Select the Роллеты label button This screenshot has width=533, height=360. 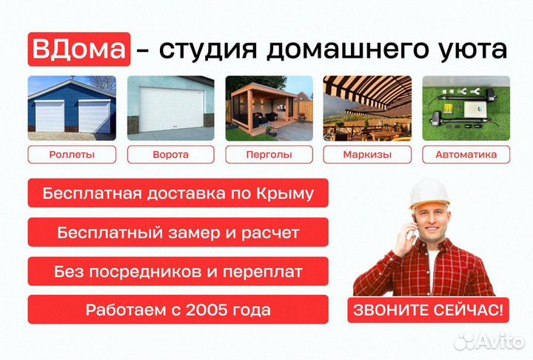tap(72, 155)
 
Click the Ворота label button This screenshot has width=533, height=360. tap(170, 155)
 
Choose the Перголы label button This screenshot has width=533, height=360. tap(269, 155)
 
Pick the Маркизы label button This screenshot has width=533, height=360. tap(367, 155)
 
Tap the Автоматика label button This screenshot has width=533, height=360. tap(466, 155)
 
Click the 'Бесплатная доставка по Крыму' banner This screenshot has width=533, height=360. tap(178, 193)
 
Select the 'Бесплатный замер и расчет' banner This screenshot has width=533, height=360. tap(178, 233)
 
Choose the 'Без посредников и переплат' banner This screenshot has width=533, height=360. tap(178, 271)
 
